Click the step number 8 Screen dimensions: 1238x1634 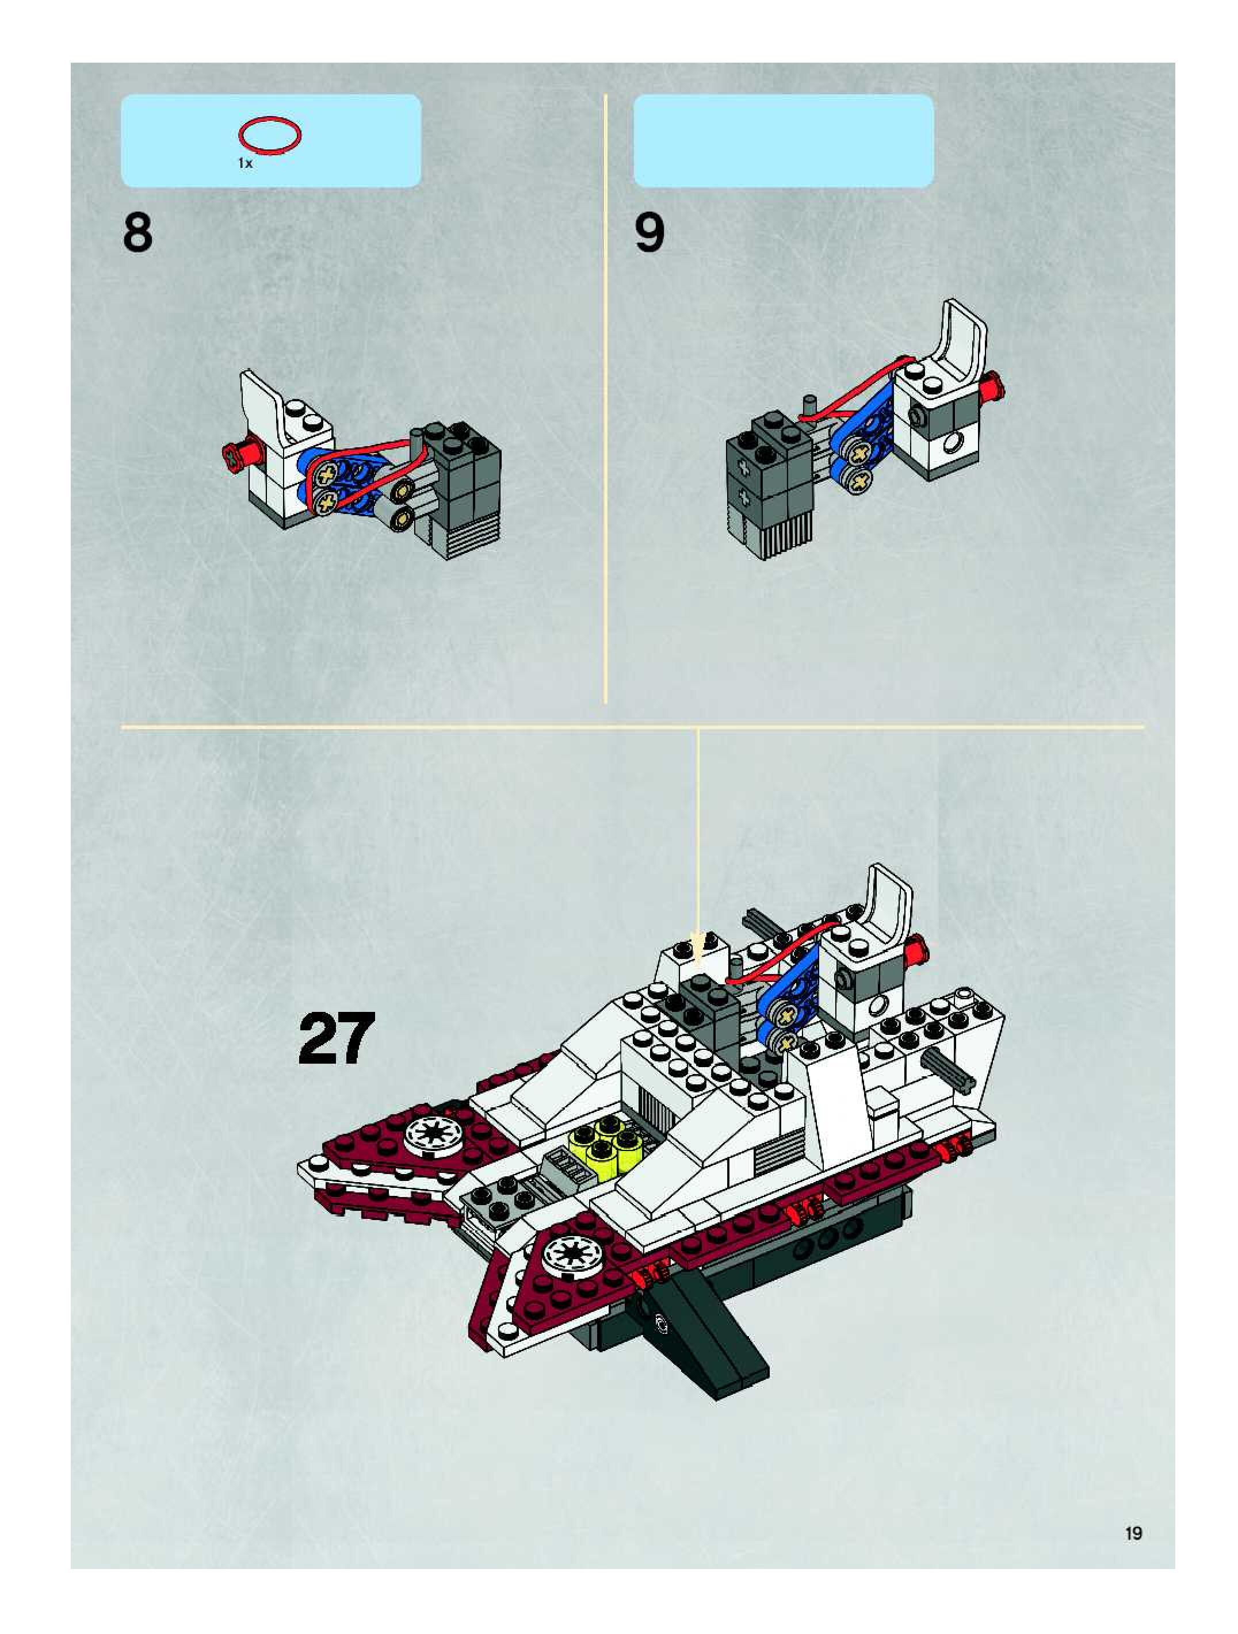(x=137, y=233)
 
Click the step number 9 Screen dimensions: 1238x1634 (x=649, y=233)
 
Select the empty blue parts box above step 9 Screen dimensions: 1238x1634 (x=783, y=140)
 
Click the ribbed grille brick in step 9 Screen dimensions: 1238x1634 (x=786, y=537)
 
